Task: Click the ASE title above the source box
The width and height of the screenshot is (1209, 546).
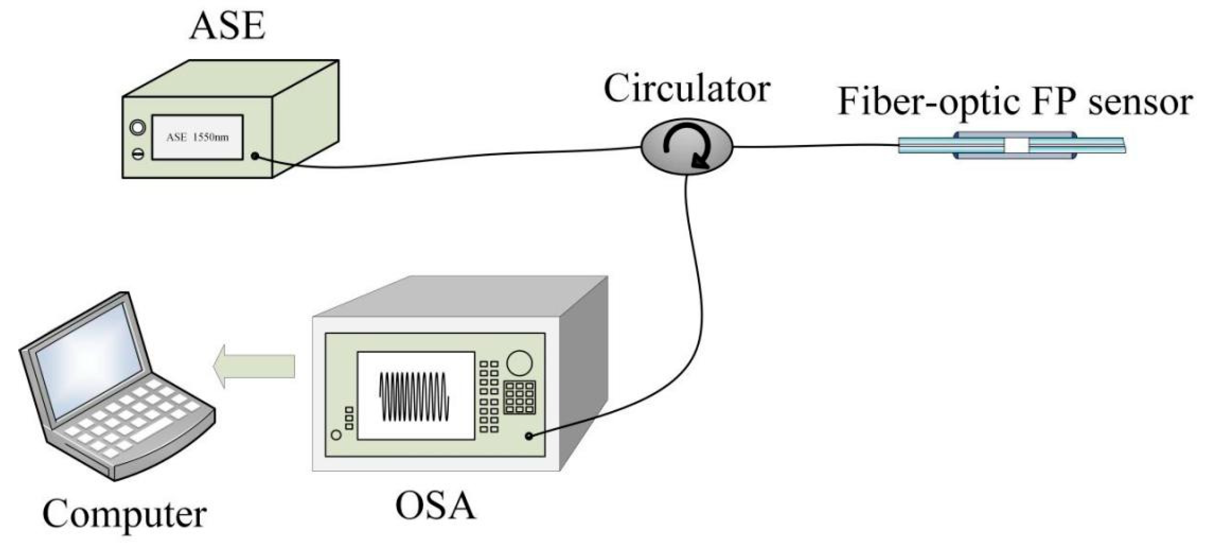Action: (x=228, y=27)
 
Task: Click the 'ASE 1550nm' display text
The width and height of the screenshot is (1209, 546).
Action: (x=197, y=138)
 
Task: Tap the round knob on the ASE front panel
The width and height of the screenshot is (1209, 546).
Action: (x=138, y=127)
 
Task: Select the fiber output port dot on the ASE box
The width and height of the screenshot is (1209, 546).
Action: (x=255, y=156)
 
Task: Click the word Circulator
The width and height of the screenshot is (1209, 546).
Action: (x=686, y=89)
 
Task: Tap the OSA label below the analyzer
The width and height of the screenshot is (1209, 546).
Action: (x=435, y=507)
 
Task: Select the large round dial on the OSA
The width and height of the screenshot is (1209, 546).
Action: (x=519, y=363)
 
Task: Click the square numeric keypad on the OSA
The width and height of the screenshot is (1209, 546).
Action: (x=519, y=398)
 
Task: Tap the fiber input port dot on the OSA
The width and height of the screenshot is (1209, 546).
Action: (x=529, y=436)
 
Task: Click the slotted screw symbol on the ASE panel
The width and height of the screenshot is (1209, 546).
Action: (x=138, y=154)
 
